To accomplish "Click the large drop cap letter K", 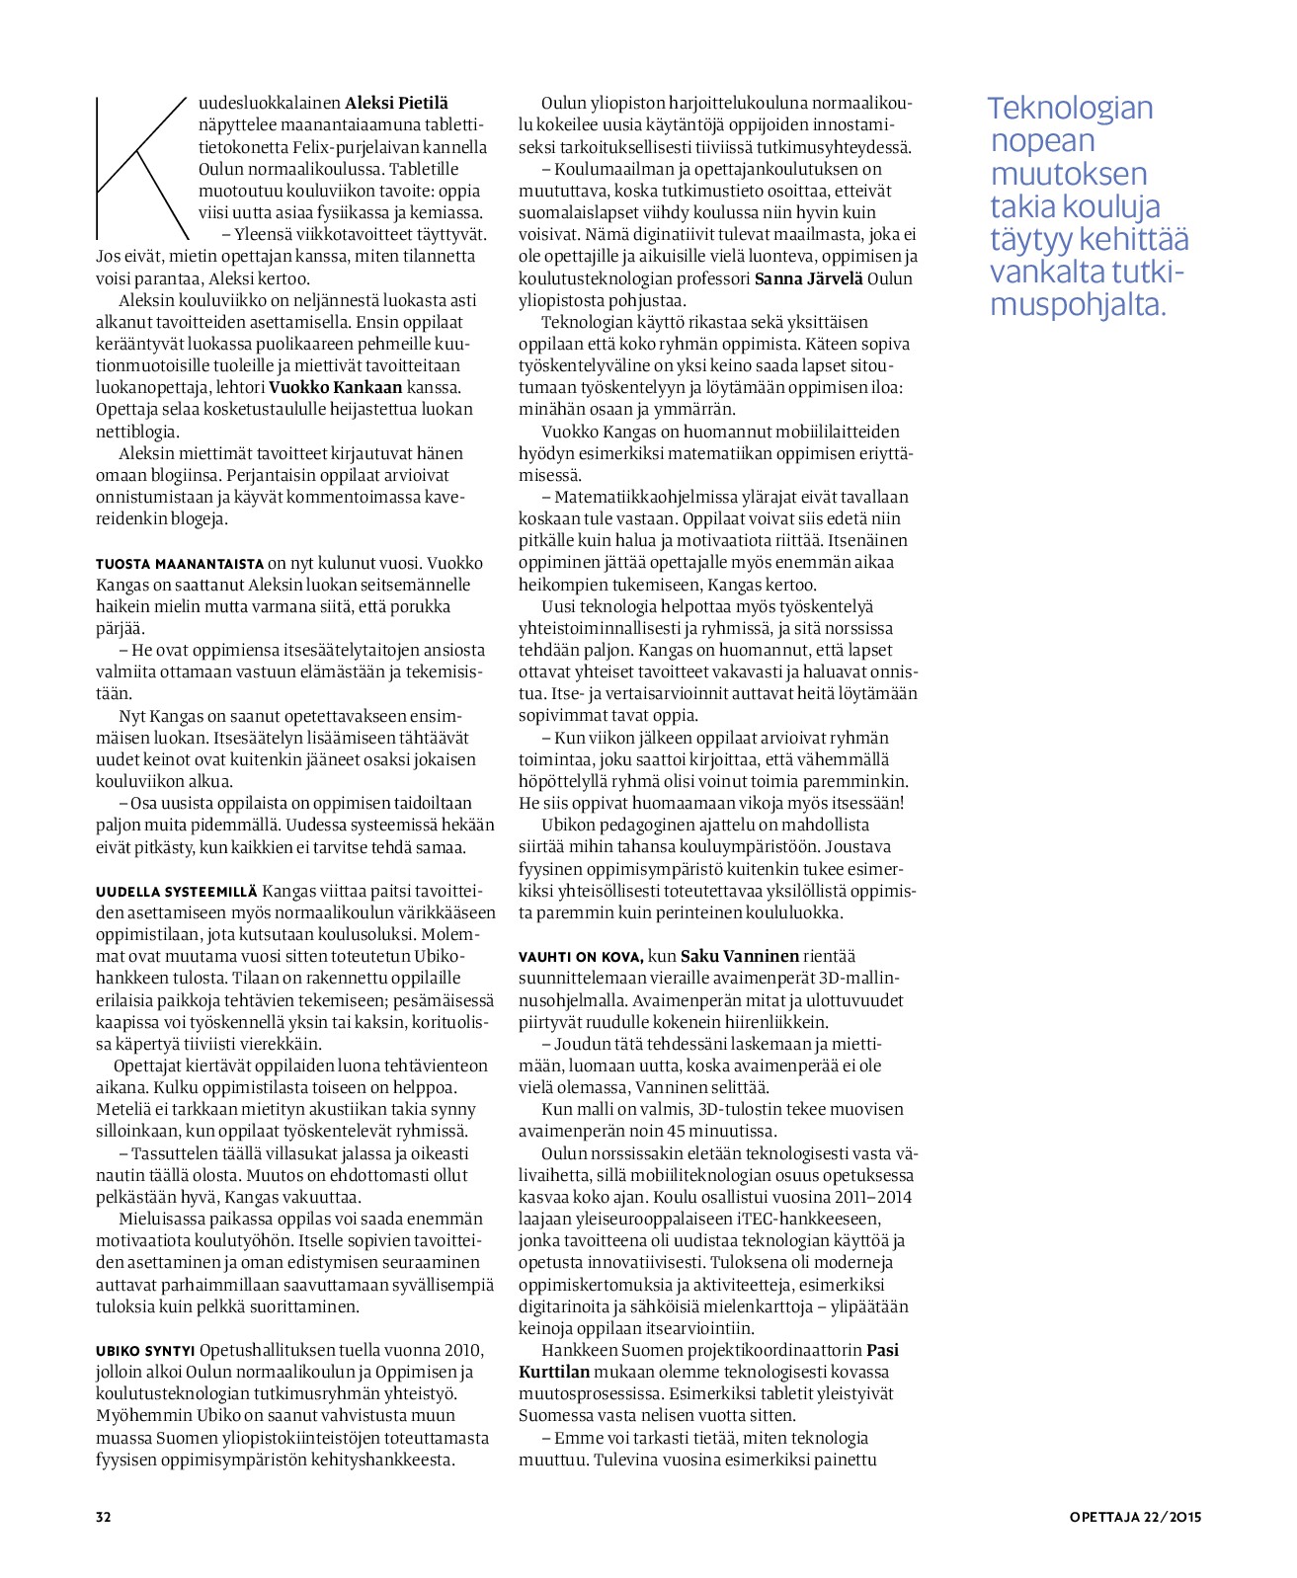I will coord(141,168).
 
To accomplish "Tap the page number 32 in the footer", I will coord(104,1517).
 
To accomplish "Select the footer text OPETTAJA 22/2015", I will coord(1135,1517).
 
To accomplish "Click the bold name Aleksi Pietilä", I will coord(396,103).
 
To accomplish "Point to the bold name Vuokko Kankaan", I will coord(335,387).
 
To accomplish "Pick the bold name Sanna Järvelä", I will coord(807,278).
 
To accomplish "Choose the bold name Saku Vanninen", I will coord(740,956).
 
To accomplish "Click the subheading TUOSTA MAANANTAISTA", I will coord(180,564).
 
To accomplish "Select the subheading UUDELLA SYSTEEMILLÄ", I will coord(177,891).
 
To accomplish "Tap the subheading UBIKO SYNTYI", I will coord(145,1351).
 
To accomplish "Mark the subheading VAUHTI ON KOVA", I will coord(581,957).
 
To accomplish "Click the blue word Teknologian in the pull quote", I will coord(1070,108).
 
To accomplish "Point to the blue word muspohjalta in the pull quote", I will coord(1078,304).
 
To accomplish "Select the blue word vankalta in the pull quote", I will coord(1047,272).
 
